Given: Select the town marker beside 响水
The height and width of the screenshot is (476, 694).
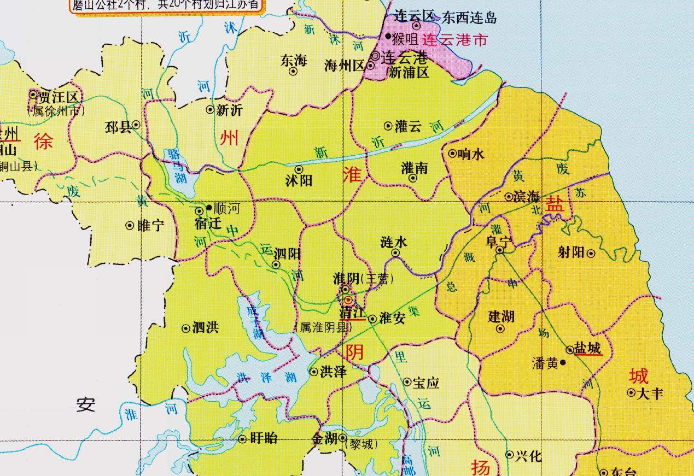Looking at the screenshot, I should tap(452, 154).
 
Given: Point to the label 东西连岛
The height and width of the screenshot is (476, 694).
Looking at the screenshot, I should tap(470, 17).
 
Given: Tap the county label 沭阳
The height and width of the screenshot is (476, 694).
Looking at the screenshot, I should tap(299, 180).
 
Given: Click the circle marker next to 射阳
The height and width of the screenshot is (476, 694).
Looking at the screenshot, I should tap(591, 252).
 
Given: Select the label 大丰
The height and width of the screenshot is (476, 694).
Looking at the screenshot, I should tap(651, 393).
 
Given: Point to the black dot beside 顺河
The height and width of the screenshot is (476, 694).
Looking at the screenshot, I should tap(209, 208).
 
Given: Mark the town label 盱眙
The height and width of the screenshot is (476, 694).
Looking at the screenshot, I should tap(264, 438).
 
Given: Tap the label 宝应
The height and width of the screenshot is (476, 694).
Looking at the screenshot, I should tap(427, 383).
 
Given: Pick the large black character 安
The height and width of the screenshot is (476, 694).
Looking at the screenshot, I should tap(86, 405).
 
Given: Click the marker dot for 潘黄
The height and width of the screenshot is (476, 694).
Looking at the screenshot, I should tap(563, 362).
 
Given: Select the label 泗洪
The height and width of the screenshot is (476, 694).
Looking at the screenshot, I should tap(206, 328).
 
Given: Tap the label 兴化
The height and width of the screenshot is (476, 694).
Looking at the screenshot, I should tap(528, 455).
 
